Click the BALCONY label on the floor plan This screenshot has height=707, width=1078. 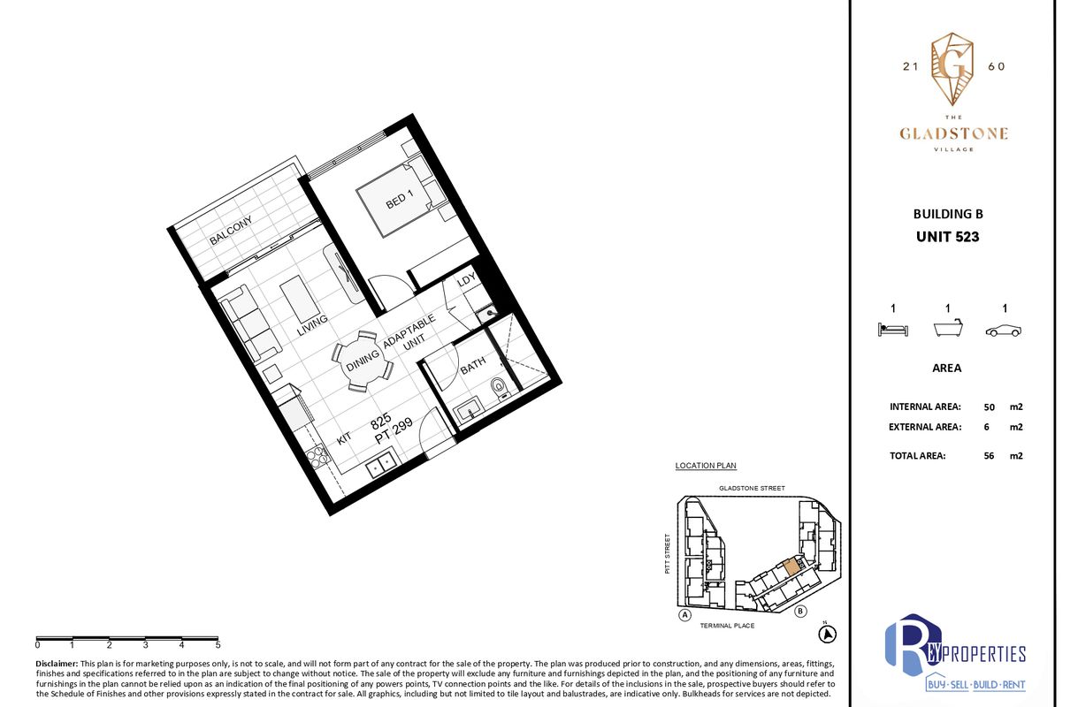click(231, 231)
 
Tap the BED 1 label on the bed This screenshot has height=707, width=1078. click(400, 199)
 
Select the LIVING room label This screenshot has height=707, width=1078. click(312, 325)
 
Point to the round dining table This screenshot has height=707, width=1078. click(363, 361)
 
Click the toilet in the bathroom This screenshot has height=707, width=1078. click(499, 389)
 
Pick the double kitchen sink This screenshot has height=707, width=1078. click(380, 464)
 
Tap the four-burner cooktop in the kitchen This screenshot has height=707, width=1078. click(317, 458)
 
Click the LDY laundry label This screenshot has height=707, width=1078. click(466, 279)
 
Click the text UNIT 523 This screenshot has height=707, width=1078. click(947, 237)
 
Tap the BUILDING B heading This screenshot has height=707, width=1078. click(948, 214)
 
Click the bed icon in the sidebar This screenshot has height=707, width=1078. click(892, 330)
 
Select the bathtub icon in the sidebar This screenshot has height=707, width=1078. click(948, 328)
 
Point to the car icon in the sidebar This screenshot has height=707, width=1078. click(1004, 331)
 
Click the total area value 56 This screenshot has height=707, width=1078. click(989, 455)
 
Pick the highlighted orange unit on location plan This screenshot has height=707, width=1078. click(792, 566)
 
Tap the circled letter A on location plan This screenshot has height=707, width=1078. click(684, 615)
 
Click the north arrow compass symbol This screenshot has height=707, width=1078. click(827, 635)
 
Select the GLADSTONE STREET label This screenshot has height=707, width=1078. click(752, 488)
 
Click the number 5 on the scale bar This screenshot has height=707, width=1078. click(218, 645)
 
